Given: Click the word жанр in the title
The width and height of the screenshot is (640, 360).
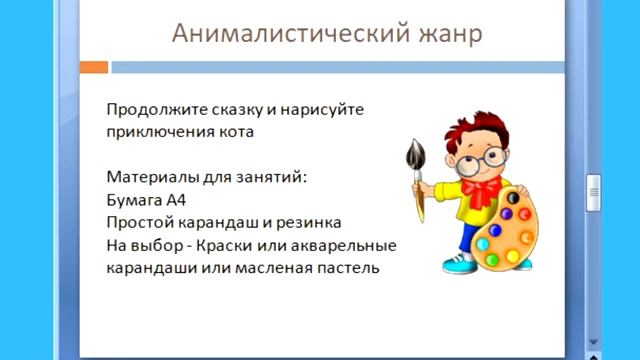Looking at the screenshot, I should [448, 33].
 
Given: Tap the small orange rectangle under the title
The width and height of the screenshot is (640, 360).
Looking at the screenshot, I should [93, 68].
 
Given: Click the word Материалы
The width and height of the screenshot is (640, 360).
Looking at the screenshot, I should [147, 177].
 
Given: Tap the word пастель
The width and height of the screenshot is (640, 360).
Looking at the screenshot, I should [347, 268].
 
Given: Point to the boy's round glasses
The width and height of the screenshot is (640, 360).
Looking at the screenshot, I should [477, 156].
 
